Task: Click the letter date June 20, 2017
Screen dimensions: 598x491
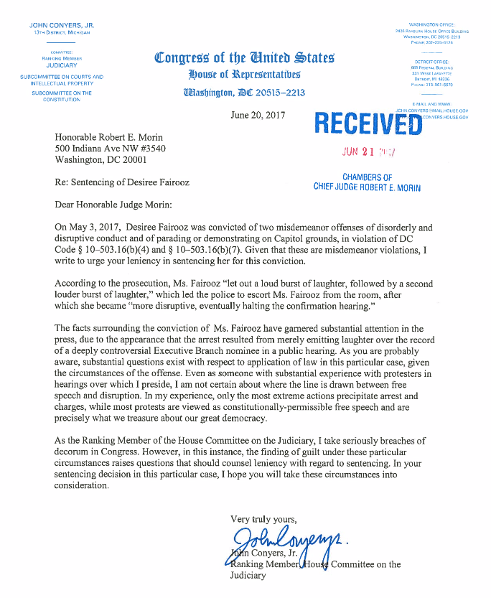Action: coord(258,116)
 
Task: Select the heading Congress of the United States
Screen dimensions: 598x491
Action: coord(244,57)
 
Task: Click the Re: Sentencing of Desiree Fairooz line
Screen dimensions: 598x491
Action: coord(122,182)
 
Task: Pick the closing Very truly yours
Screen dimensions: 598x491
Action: coord(263,518)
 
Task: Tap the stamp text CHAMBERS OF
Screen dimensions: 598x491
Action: coord(367,177)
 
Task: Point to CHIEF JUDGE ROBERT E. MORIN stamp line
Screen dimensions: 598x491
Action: coord(367,187)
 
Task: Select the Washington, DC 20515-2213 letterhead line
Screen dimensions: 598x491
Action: coord(244,92)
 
